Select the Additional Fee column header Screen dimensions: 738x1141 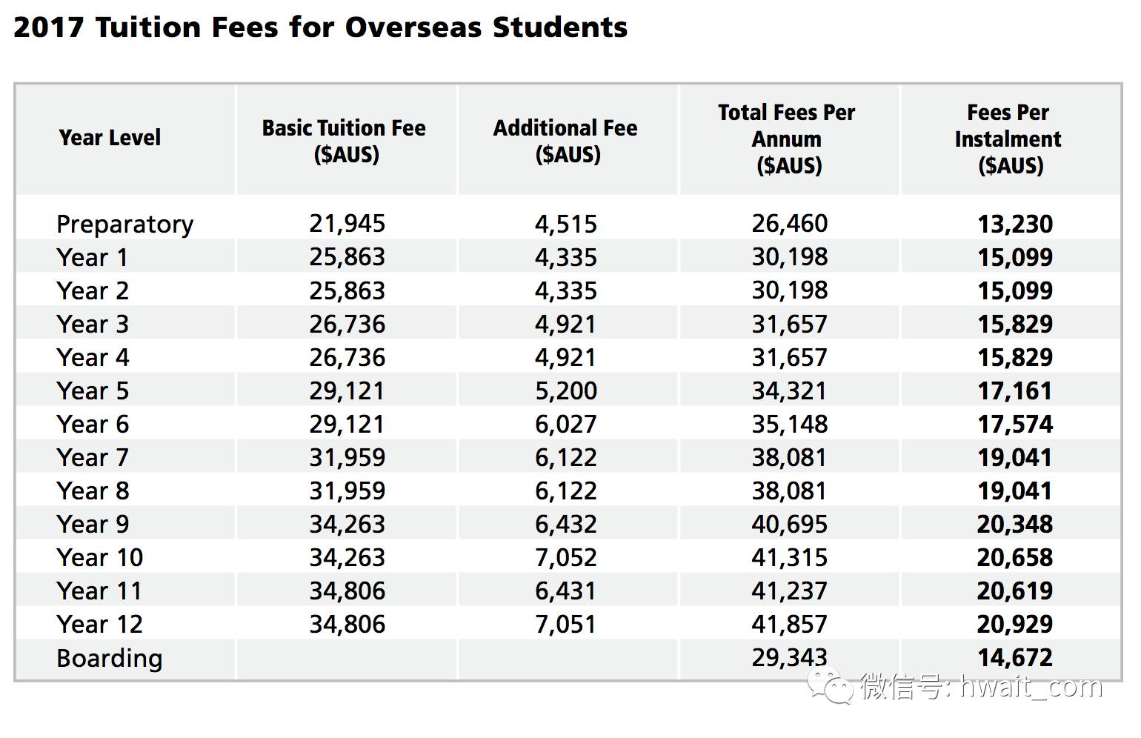565,140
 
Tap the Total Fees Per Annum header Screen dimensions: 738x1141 787,139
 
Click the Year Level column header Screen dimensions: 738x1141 110,137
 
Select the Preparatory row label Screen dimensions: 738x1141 124,224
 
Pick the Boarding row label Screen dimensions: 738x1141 109,658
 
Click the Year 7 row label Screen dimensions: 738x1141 93,457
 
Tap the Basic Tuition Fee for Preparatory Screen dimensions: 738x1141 347,224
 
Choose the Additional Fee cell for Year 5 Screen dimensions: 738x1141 565,390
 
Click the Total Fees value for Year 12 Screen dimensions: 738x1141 789,624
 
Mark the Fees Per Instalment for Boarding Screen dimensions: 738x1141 1014,657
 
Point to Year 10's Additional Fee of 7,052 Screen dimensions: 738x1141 565,557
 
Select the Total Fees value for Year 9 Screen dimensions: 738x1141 789,524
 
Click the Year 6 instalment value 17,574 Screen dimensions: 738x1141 1014,424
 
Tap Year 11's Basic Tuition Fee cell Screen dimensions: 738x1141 347,591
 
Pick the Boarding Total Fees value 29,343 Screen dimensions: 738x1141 789,657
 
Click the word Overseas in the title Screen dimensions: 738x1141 413,27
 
